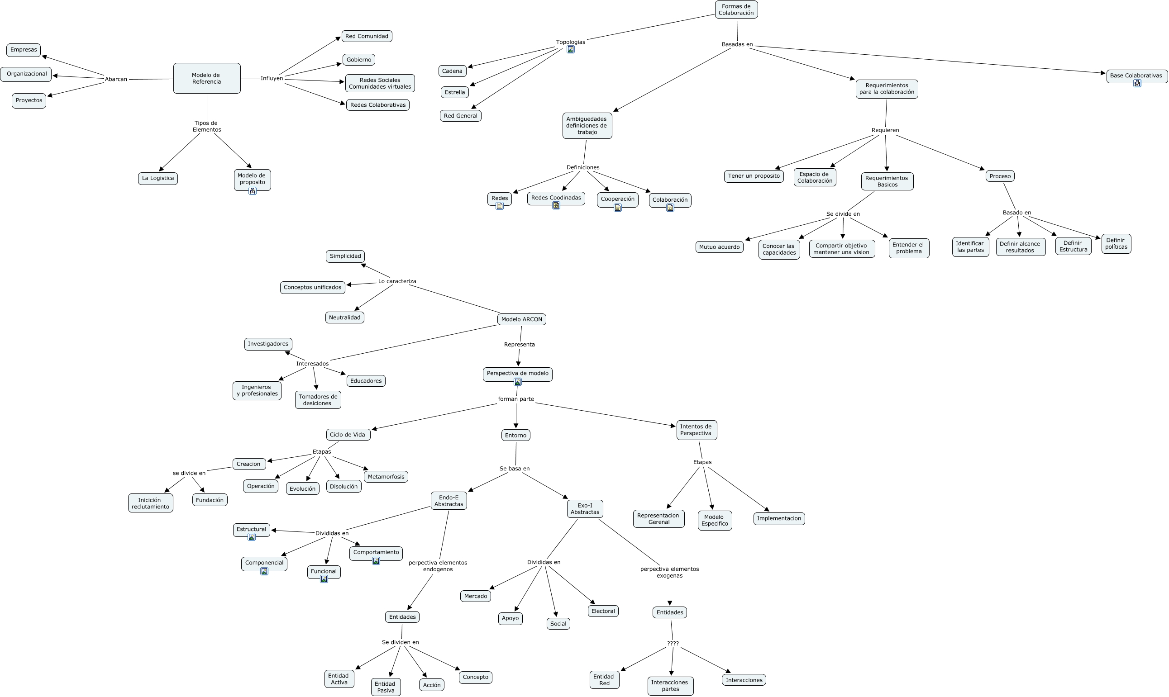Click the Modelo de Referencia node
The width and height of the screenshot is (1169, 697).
click(x=207, y=78)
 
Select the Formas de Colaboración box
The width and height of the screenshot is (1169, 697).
click(x=736, y=9)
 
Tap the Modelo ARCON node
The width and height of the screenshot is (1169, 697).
click(x=521, y=319)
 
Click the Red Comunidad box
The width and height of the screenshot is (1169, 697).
click(x=367, y=36)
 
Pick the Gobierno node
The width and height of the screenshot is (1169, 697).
click(x=358, y=60)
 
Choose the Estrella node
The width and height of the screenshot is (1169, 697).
click(x=454, y=92)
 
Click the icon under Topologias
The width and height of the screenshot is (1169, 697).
click(x=570, y=50)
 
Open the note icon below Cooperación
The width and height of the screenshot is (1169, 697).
click(x=617, y=208)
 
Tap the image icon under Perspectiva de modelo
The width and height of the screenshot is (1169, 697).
click(x=517, y=382)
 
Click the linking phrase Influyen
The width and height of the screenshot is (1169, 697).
click(x=272, y=78)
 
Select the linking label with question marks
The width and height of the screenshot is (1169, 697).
click(x=673, y=644)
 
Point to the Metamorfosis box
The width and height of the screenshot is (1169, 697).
click(x=386, y=477)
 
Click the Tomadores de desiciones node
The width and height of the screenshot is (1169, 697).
click(x=318, y=400)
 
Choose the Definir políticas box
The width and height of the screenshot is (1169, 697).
click(x=1116, y=244)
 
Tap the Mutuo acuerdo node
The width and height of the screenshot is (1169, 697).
click(x=719, y=247)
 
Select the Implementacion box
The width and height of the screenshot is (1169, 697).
click(x=778, y=518)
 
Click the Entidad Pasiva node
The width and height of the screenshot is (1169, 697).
click(x=385, y=687)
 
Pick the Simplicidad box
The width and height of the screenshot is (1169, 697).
click(x=345, y=256)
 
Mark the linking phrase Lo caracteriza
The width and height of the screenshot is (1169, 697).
click(x=397, y=281)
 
